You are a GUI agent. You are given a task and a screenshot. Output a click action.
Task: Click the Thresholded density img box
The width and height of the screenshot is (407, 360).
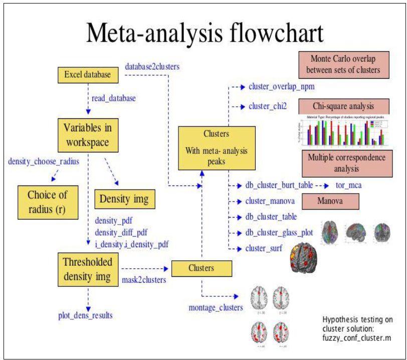click(88, 269)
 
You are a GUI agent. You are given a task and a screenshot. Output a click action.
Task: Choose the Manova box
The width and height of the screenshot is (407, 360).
click(331, 201)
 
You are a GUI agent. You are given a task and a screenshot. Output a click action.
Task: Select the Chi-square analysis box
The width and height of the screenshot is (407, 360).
click(343, 106)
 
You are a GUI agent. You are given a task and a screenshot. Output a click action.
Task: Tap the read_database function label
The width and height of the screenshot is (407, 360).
click(113, 98)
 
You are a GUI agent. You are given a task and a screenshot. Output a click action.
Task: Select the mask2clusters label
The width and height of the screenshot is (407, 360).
click(144, 280)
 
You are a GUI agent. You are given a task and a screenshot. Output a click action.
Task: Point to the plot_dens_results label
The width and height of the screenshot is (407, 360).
click(85, 315)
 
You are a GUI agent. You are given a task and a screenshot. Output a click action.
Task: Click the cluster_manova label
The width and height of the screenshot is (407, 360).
click(270, 201)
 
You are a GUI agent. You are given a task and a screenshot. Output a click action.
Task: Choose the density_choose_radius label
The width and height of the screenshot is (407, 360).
click(44, 161)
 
